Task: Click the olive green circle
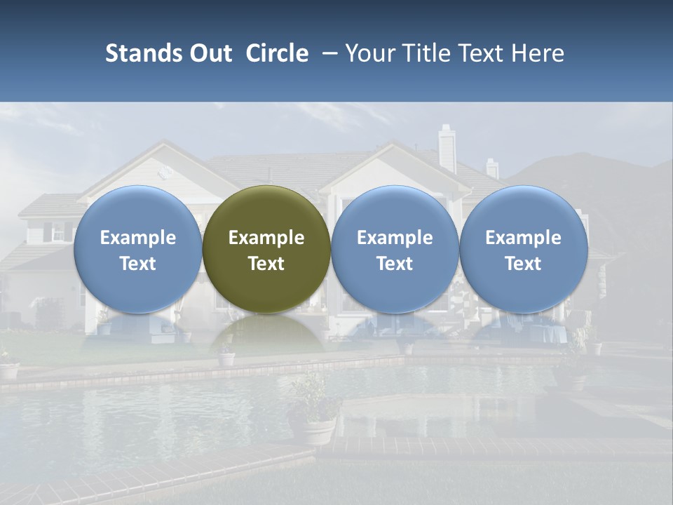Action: tap(266, 249)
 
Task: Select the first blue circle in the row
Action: tap(138, 249)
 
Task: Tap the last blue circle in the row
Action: tap(523, 249)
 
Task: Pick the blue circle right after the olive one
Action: tap(395, 249)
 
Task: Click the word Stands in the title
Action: tap(140, 53)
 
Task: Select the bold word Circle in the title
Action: tap(277, 53)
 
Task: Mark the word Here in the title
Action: tap(538, 53)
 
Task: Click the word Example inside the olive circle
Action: tap(266, 238)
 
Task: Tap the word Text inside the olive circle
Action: tap(266, 264)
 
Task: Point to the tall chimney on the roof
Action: tap(447, 149)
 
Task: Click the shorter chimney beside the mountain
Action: tap(492, 168)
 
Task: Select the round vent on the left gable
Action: tap(166, 172)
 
